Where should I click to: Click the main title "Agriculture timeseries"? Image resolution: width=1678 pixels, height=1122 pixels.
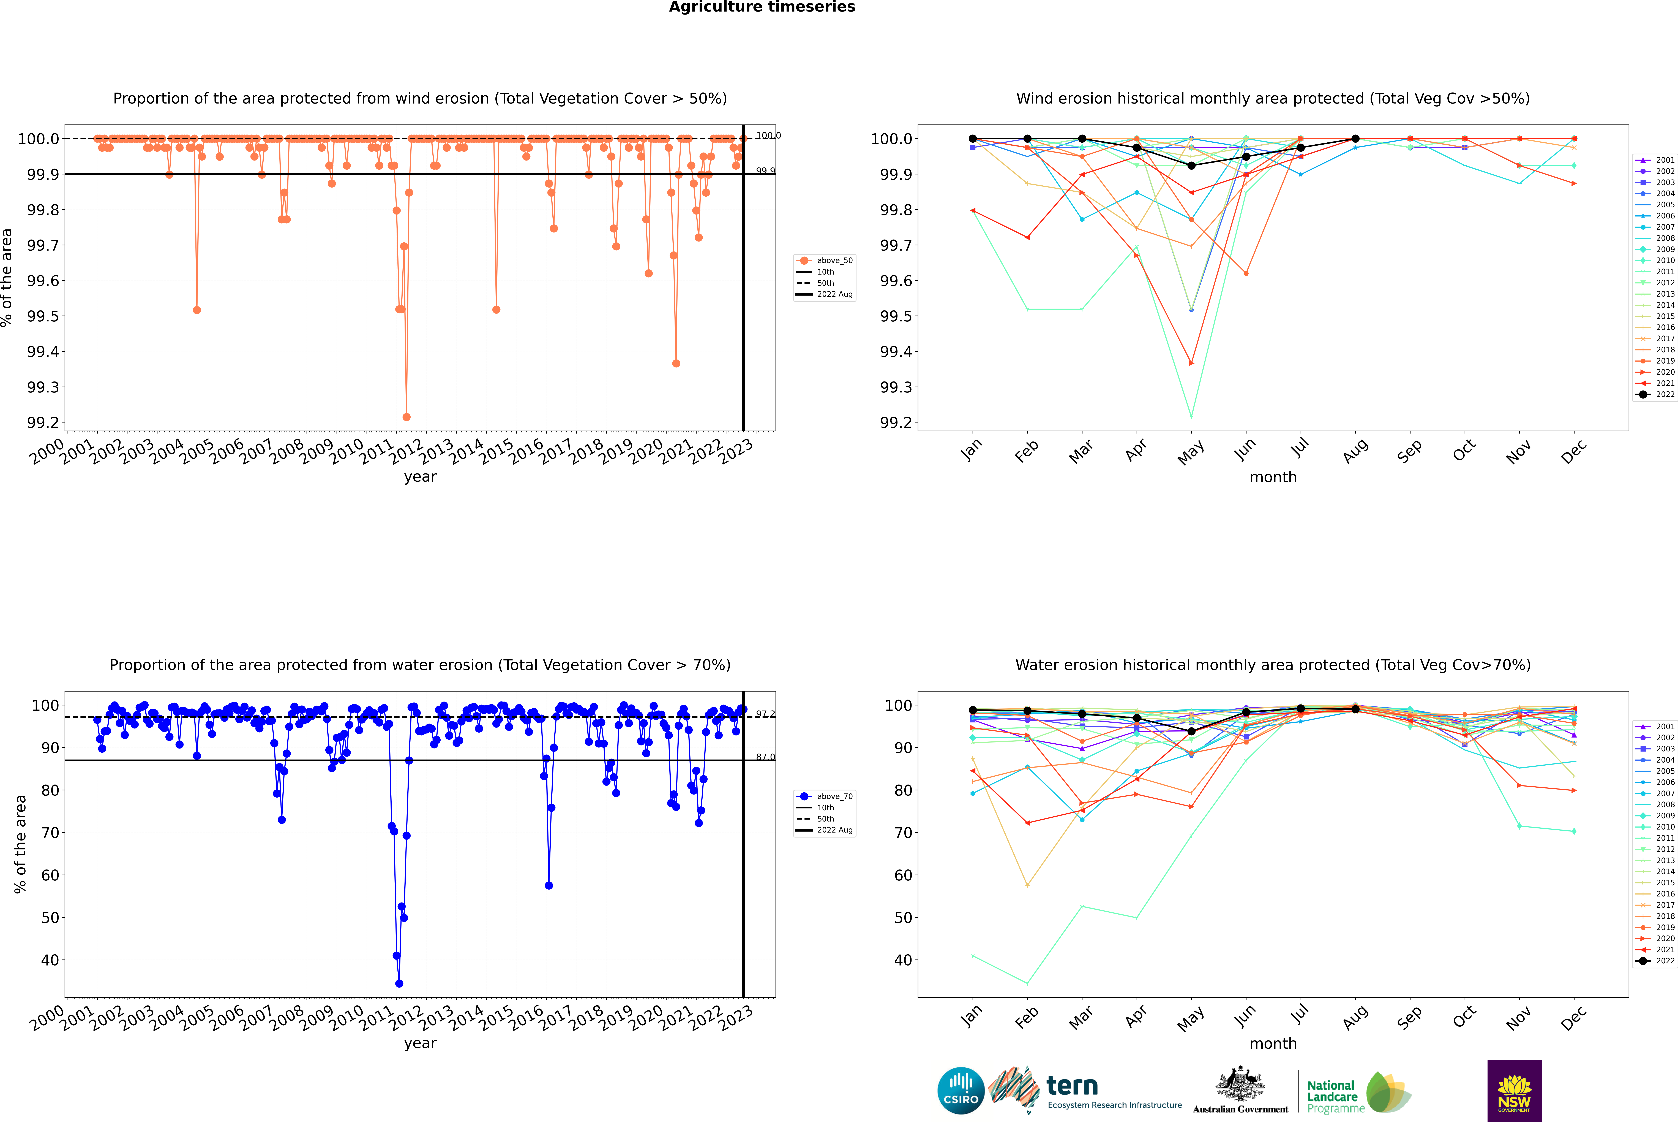coord(762,7)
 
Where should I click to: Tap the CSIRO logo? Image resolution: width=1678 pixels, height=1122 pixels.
coord(961,1091)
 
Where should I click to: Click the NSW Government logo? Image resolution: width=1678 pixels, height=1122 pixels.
coord(1514,1091)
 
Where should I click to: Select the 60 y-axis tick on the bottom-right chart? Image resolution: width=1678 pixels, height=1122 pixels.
coord(903,875)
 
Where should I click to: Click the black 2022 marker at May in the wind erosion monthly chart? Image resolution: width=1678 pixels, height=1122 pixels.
coord(1191,165)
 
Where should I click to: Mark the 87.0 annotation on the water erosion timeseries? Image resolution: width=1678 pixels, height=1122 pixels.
coord(765,757)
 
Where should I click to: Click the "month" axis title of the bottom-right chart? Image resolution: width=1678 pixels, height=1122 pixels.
coord(1272,1043)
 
